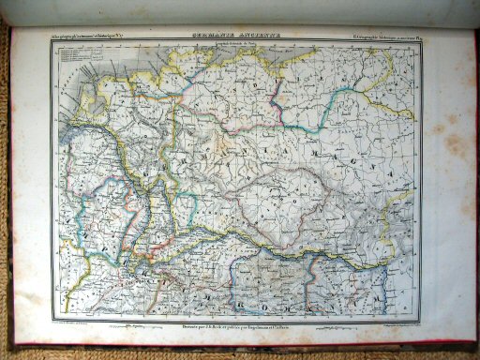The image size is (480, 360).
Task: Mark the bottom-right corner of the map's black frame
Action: [x=419, y=318]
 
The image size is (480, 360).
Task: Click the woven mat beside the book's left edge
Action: [x=6, y=187]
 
